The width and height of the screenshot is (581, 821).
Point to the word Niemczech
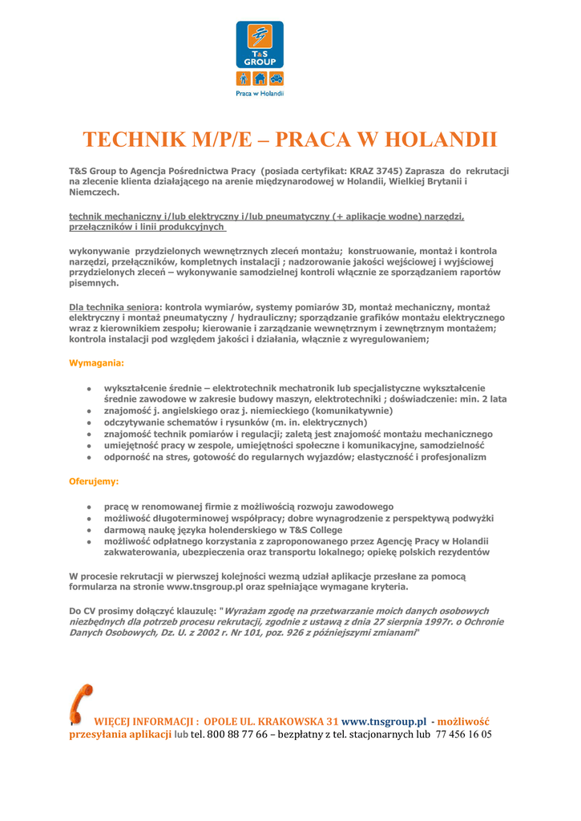click(x=94, y=192)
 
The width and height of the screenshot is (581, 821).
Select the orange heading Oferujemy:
click(x=94, y=482)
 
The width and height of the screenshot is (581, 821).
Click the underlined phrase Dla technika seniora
click(x=115, y=307)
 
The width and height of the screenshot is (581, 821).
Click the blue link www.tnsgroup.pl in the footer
click(x=384, y=722)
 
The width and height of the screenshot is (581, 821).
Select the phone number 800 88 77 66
click(x=236, y=734)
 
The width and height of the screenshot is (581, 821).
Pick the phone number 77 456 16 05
click(x=463, y=734)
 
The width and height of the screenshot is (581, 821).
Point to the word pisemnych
click(x=95, y=283)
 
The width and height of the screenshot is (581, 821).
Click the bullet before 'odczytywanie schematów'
click(x=88, y=423)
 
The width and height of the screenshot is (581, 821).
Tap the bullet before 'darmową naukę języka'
click(x=88, y=530)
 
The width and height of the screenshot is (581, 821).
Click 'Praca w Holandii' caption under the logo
click(x=260, y=94)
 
